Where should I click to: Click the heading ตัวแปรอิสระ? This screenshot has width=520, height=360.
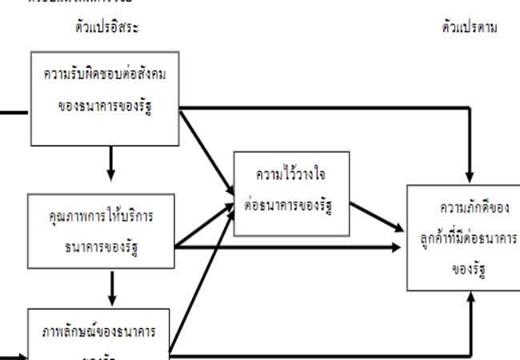pos(103,26)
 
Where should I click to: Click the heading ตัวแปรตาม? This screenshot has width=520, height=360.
pos(469,26)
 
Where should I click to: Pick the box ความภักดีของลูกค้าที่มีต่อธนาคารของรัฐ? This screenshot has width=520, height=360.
pos(463,237)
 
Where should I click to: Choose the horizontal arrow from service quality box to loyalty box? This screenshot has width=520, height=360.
pos(288,248)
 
